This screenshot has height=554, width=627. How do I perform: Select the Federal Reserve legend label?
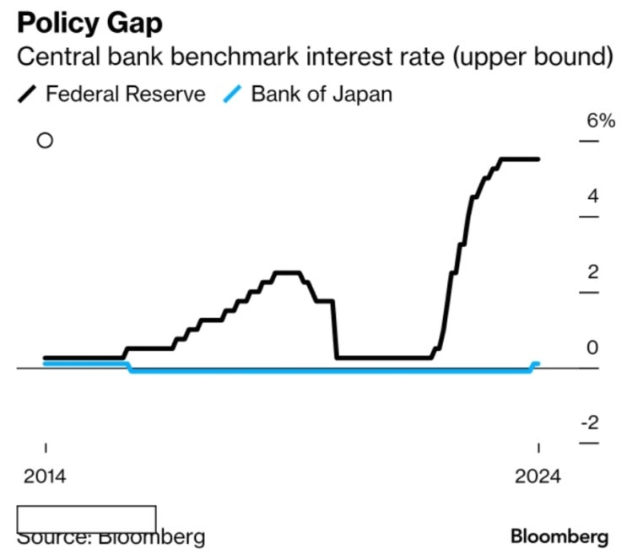pyautogui.click(x=126, y=93)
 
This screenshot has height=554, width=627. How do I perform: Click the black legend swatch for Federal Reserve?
pyautogui.click(x=29, y=94)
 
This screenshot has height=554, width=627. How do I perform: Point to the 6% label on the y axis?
pyautogui.click(x=601, y=121)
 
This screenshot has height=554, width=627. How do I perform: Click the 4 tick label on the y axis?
pyautogui.click(x=593, y=196)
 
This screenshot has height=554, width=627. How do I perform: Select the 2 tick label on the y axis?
pyautogui.click(x=593, y=272)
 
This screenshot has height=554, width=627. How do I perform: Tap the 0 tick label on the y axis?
pyautogui.click(x=593, y=347)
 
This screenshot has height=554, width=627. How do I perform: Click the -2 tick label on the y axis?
pyautogui.click(x=590, y=422)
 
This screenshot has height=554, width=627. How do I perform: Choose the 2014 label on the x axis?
pyautogui.click(x=45, y=475)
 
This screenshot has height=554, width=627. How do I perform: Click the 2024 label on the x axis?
pyautogui.click(x=538, y=475)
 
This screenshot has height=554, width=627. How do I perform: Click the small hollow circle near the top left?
pyautogui.click(x=45, y=140)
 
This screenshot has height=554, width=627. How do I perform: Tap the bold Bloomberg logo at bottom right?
pyautogui.click(x=559, y=535)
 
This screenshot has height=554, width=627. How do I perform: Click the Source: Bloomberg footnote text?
pyautogui.click(x=110, y=537)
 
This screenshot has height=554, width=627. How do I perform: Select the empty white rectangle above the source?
pyautogui.click(x=86, y=518)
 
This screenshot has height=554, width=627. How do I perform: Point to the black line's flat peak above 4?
pyautogui.click(x=519, y=159)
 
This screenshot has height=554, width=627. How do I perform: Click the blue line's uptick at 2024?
pyautogui.click(x=535, y=363)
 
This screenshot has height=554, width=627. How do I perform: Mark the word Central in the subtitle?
pyautogui.click(x=52, y=58)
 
